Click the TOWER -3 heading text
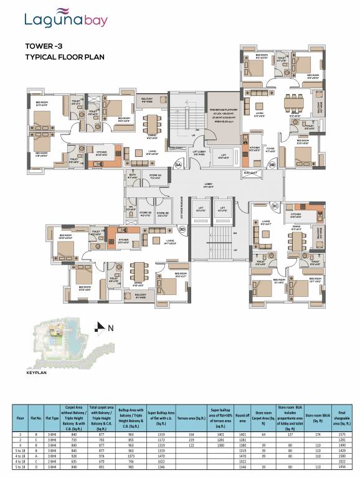pyautogui.click(x=44, y=46)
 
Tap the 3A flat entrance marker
pyautogui.click(x=161, y=164)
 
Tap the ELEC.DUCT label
pyautogui.click(x=251, y=173)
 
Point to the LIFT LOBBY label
pyautogui.click(x=199, y=152)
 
